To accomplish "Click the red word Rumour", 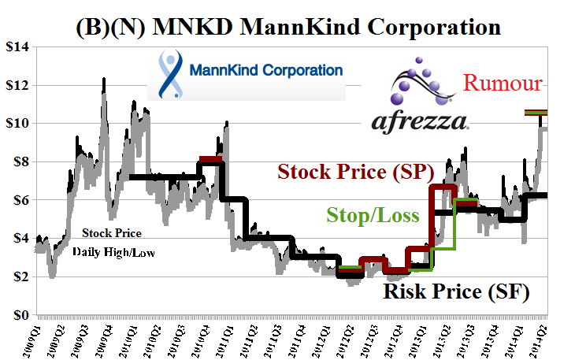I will tap(503, 84).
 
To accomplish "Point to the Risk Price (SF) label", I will tap(456, 292).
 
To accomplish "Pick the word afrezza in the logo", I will tap(420, 120).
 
